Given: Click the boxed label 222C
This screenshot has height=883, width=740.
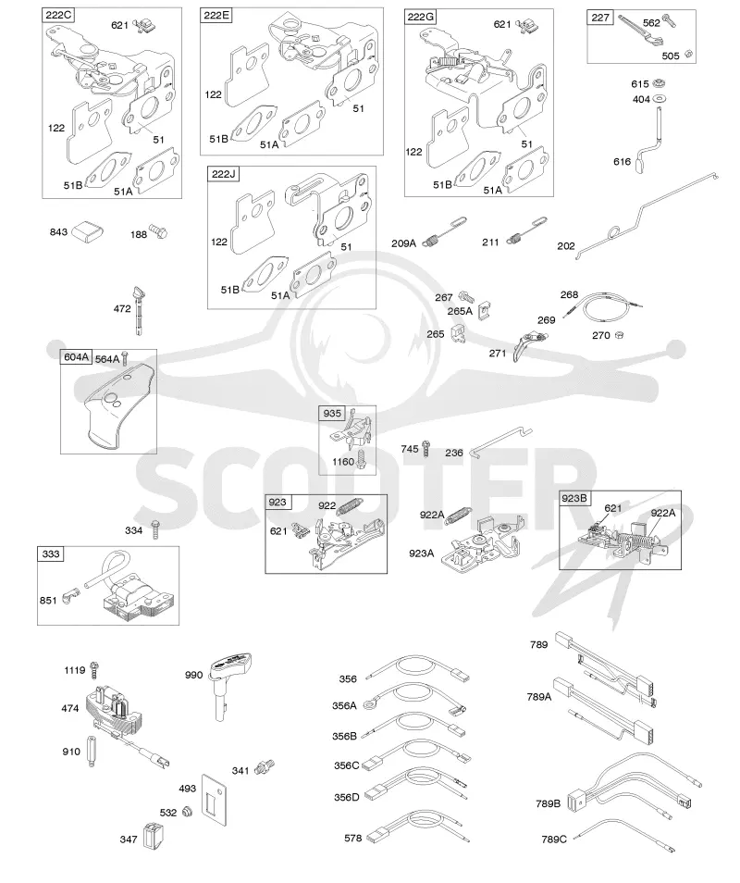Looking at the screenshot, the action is click(x=58, y=15).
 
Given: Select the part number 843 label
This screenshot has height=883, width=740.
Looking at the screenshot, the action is click(x=58, y=232).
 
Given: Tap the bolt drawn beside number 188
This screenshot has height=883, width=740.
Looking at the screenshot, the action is click(x=157, y=231).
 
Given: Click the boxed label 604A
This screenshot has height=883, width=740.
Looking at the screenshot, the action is click(x=77, y=357).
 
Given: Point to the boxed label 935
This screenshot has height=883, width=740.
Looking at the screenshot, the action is click(x=332, y=414).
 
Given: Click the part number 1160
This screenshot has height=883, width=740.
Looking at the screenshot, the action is click(x=343, y=462).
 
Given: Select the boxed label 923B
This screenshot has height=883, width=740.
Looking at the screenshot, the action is click(x=574, y=498).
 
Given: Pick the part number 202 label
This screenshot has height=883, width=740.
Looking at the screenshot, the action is click(x=566, y=246).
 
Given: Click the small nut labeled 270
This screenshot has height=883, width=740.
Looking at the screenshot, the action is click(x=619, y=334).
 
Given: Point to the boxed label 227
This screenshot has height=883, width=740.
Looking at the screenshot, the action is click(x=600, y=18).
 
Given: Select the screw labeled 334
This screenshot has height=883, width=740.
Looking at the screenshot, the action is click(x=156, y=530).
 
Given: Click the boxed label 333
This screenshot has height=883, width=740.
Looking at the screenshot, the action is click(x=51, y=554).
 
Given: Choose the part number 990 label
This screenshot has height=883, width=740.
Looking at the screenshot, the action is click(x=193, y=675).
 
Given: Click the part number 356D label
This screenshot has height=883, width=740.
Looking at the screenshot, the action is click(x=347, y=798).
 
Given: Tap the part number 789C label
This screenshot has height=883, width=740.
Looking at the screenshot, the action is click(x=554, y=839).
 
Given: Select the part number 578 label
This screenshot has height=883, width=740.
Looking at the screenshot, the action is click(x=352, y=838).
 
